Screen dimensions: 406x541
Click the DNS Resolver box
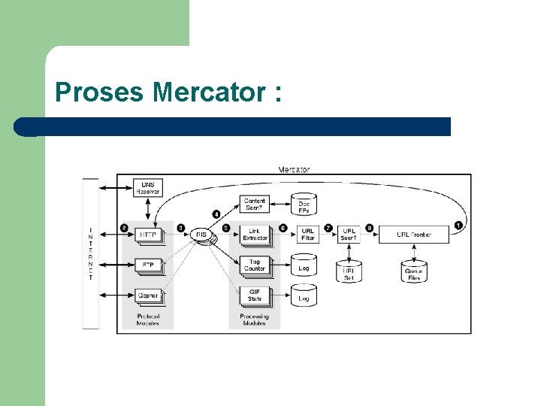tap(147, 188)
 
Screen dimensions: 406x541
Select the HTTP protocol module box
tap(147, 235)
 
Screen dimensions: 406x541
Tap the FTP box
tap(147, 265)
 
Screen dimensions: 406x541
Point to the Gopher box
tap(147, 295)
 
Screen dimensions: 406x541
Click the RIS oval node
tap(201, 235)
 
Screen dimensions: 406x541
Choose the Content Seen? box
tap(255, 203)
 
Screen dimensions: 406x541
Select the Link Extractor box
tap(255, 235)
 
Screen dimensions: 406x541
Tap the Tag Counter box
tap(255, 265)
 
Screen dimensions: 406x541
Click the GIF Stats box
tap(255, 295)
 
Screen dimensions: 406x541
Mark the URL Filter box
tap(308, 235)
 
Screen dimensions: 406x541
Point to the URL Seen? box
tap(349, 235)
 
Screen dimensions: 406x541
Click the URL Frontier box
tap(414, 235)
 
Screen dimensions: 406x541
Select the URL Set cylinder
tap(349, 271)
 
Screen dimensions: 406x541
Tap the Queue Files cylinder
tap(414, 271)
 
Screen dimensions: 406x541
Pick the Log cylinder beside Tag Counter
tap(304, 267)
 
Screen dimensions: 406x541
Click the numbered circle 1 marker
tap(458, 225)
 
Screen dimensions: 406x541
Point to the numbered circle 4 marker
tap(216, 214)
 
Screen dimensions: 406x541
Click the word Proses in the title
tap(101, 93)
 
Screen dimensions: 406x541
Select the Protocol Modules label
tap(148, 320)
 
